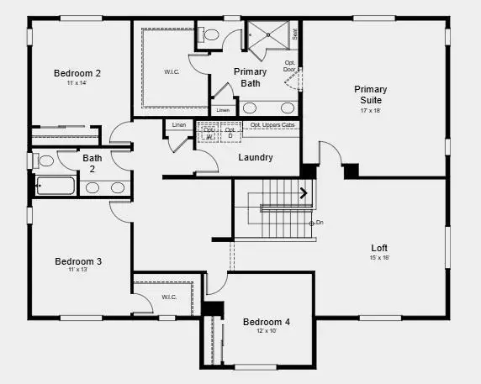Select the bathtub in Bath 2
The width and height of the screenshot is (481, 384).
click(55, 187)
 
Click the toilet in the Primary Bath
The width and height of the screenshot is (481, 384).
click(209, 35)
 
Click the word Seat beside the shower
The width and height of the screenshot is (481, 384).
click(295, 34)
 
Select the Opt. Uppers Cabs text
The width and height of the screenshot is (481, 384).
click(272, 125)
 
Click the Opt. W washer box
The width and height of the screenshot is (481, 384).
click(208, 134)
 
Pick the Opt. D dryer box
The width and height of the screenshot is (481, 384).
click(229, 134)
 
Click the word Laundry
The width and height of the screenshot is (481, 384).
click(255, 157)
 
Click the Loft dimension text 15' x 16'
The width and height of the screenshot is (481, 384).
click(380, 257)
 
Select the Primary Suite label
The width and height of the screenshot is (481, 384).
click(370, 94)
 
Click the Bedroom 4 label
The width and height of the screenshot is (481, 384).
click(266, 322)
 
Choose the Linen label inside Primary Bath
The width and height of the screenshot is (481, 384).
click(222, 110)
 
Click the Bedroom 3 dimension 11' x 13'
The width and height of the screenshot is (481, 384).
click(78, 270)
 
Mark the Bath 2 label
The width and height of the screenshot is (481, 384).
click(92, 162)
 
